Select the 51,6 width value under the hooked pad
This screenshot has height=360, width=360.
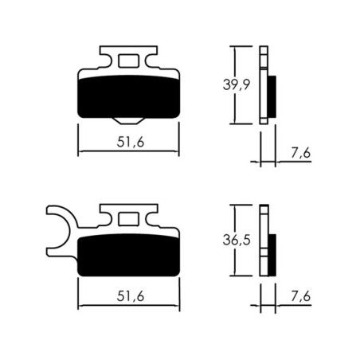coord(128,295)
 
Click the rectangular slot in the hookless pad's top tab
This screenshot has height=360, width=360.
coord(127,61)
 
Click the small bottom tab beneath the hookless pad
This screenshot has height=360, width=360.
coord(127,119)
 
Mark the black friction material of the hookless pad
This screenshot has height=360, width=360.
coord(127,94)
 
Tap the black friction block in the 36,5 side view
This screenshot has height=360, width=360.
coord(272,251)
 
